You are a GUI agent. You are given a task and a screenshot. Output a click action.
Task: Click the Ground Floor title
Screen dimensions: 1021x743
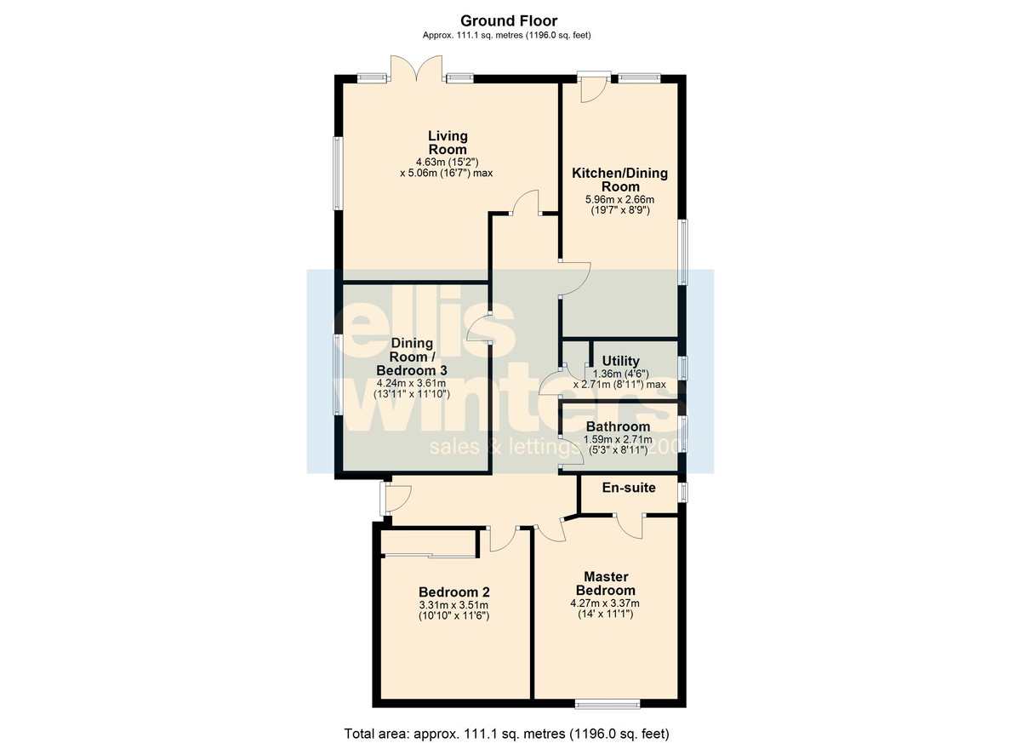pos(509,21)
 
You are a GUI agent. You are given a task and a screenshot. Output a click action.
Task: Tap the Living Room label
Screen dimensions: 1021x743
pos(448,143)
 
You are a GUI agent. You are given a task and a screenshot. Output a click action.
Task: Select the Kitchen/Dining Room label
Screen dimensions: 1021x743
pos(620,180)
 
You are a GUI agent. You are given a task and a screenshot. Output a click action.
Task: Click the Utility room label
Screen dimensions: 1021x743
pos(620,361)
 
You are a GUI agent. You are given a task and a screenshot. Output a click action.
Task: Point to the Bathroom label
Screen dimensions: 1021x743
pos(618,426)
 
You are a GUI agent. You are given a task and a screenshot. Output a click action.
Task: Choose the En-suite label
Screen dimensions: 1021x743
pos(629,488)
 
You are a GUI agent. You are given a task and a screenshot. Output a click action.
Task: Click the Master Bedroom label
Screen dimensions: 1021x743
pos(606,584)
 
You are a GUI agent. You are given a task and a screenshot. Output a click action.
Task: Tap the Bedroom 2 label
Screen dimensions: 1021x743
pos(454,592)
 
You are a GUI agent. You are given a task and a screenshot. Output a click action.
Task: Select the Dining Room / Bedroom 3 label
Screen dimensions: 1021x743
pos(412,357)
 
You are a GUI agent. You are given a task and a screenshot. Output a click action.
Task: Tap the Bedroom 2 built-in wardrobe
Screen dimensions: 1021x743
pos(429,542)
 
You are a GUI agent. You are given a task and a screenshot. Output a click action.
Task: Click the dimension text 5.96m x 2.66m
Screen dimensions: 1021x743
pos(620,200)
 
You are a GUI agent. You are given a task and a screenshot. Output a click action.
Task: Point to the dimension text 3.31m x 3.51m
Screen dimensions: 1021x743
pos(453,605)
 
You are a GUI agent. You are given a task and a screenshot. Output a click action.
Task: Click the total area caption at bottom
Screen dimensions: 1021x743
pos(506,734)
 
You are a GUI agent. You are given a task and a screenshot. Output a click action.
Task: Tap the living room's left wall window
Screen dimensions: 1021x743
pos(339,174)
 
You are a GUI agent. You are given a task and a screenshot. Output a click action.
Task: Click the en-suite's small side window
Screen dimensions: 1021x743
pos(682,492)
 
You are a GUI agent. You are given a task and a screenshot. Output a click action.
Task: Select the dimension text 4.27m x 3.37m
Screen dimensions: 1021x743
pos(605,603)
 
